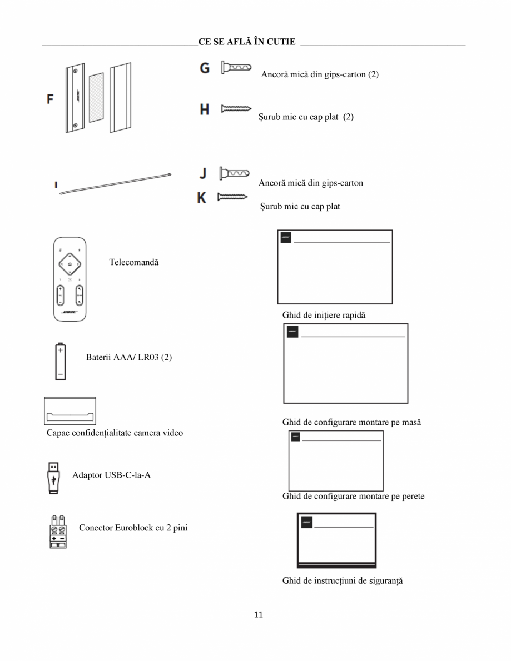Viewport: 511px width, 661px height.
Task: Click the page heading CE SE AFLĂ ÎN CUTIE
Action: pos(247,42)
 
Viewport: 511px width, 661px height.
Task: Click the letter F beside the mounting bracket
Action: pos(51,99)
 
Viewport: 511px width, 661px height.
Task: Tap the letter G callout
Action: pos(205,68)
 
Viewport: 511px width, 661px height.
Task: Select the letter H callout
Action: pos(205,109)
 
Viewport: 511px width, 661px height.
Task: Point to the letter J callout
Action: pos(204,173)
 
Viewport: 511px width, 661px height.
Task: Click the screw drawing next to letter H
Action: pos(236,109)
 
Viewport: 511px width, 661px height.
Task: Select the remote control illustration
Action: pos(70,278)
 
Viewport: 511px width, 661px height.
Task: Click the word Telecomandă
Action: pos(133,262)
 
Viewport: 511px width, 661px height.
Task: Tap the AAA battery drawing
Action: pos(60,362)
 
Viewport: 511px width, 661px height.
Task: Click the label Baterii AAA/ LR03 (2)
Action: pos(128,357)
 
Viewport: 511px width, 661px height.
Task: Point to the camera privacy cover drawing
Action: pos(70,411)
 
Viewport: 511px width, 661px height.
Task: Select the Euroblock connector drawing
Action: pos(58,532)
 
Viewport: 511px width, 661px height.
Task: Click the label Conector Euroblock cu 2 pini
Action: pos(133,527)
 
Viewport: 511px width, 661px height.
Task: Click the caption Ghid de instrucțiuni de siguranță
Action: pos(342,581)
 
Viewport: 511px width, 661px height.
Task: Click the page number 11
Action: pos(258,614)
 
